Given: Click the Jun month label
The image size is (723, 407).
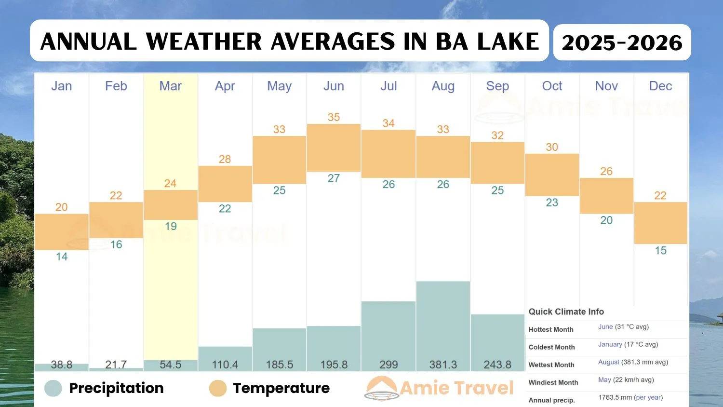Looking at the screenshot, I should pos(334,86).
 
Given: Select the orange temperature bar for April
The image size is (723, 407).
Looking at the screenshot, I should pos(225,184).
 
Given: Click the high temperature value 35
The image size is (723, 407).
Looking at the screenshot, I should pos(334,117).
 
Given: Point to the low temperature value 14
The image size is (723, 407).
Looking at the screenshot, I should pos(62,257).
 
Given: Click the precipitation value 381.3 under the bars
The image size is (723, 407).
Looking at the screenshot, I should pos(443,365).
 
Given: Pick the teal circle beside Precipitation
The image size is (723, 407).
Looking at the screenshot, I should pos(53,388).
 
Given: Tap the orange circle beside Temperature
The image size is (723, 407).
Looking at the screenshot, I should pos(218,388).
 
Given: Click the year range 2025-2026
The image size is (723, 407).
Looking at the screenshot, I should pos(622,42).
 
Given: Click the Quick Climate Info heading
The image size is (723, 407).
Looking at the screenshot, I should pos(566,312).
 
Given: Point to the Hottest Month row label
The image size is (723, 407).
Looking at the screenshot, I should pos(551,329).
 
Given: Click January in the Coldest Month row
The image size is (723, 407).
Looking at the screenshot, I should pos(610,344).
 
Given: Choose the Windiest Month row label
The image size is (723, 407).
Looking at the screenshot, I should pos(553,382).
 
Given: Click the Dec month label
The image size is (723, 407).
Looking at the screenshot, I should pos(660,86).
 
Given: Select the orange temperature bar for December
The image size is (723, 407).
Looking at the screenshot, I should pos(660,223).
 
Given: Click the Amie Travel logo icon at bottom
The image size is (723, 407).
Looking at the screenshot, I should pos(381,388).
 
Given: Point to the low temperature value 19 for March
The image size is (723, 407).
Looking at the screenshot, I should pos(171,226).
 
